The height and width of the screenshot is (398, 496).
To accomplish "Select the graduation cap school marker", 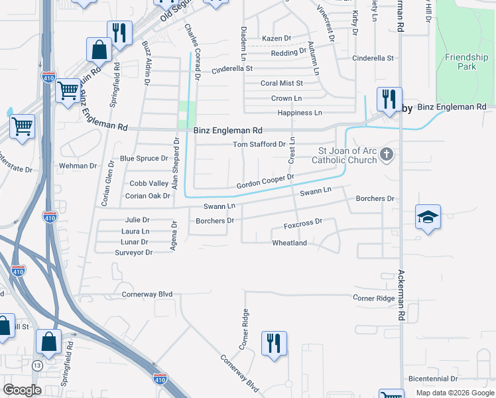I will [428, 217].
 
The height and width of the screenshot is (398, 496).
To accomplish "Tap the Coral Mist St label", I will [281, 84].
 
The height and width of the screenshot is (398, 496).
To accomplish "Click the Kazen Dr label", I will [277, 38].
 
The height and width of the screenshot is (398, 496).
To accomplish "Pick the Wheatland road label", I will [290, 243].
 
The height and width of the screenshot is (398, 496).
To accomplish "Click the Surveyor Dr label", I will [134, 253].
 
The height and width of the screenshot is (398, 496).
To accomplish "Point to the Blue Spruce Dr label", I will [144, 159].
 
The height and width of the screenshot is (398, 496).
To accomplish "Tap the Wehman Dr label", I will [78, 165].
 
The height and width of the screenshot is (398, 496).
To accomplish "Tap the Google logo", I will [23, 390].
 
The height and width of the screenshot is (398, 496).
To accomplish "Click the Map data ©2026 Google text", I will [454, 393].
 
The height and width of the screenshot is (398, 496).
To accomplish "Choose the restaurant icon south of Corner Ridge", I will [274, 344].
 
